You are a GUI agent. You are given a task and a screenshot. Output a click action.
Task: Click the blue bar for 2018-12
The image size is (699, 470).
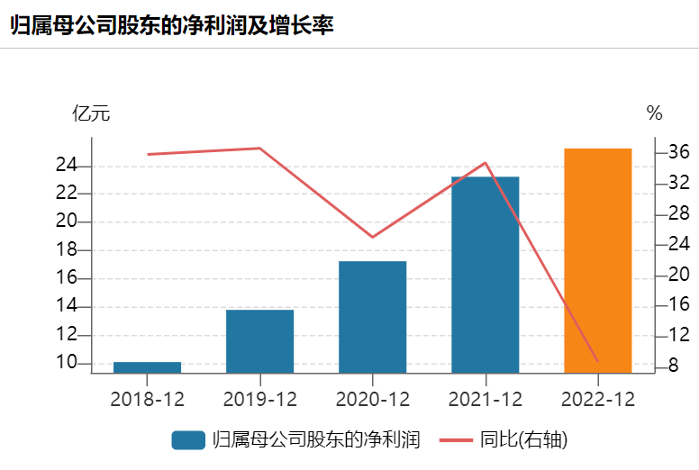[x=147, y=367]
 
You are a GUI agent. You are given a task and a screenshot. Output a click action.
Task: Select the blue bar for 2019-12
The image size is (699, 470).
[x=259, y=341]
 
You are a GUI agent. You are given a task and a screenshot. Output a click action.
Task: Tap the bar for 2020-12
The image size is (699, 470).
[x=372, y=317]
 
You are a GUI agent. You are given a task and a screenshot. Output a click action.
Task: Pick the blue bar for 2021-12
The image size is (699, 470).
[x=485, y=275]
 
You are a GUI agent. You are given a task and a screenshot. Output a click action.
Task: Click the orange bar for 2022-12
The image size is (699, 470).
[x=597, y=260]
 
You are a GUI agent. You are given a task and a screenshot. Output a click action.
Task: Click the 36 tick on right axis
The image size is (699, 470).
[x=678, y=153]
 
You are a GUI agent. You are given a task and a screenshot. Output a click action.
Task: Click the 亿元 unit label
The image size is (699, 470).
[x=90, y=113]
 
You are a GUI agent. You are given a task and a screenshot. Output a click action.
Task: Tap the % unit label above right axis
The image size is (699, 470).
[x=654, y=113]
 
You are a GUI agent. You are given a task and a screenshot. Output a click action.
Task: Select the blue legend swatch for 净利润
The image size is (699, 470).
[x=188, y=440]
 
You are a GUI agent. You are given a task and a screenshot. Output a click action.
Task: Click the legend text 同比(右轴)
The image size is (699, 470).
[x=523, y=440]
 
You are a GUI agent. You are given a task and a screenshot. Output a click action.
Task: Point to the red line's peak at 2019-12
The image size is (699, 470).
[x=259, y=148]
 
